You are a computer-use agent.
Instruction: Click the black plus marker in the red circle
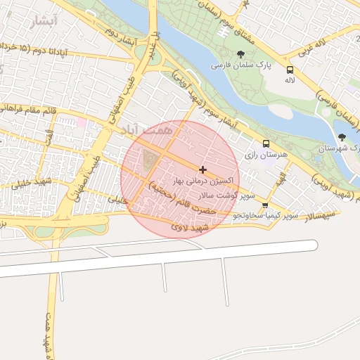tap(203, 169)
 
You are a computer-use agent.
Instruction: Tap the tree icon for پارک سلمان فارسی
tap(241, 54)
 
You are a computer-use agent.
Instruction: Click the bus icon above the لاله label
tap(290, 70)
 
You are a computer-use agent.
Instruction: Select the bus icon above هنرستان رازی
tap(265, 143)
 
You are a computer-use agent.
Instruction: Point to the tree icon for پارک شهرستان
tap(342, 137)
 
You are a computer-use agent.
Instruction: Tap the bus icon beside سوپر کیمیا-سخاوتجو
tap(265, 205)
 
